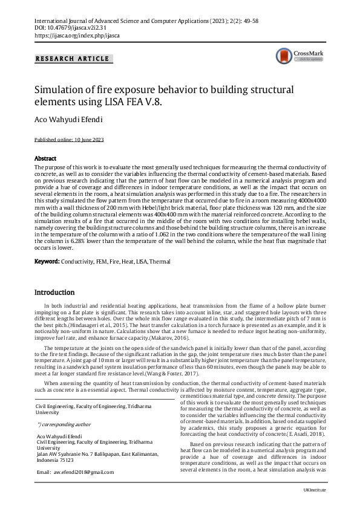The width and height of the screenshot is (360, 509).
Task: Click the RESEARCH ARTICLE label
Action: [x=73, y=59]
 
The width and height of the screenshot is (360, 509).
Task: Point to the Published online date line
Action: [x=69, y=140]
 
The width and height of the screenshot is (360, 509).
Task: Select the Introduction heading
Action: [x=54, y=292]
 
